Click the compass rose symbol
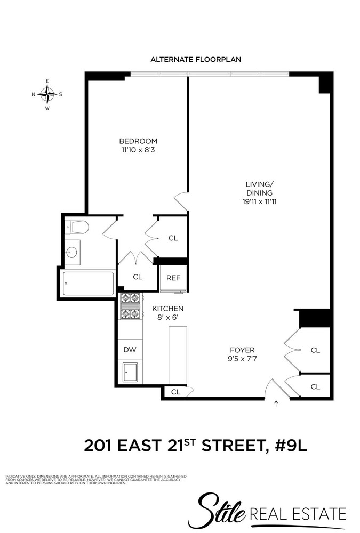click(x=47, y=94)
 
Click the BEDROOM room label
click(x=138, y=141)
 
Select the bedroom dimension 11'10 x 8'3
click(x=138, y=150)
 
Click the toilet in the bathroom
click(x=77, y=228)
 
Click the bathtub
click(x=89, y=284)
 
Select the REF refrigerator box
click(x=173, y=278)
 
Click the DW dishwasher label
click(x=130, y=350)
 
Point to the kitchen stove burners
click(x=131, y=306)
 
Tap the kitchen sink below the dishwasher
click(x=130, y=372)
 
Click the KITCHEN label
click(x=168, y=309)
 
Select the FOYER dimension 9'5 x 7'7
click(x=242, y=359)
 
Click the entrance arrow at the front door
click(x=276, y=405)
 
